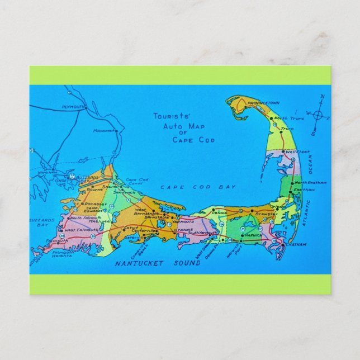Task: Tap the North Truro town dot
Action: (x=271, y=119)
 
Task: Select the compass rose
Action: (x=318, y=116)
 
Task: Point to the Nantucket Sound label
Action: (x=157, y=263)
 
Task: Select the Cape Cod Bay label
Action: (x=198, y=187)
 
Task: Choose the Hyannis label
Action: (x=183, y=230)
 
